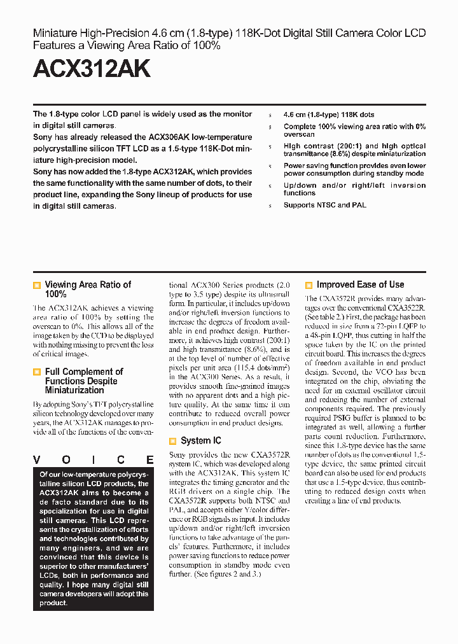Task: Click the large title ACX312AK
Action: pyautogui.click(x=92, y=68)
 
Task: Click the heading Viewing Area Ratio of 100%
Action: pyautogui.click(x=88, y=290)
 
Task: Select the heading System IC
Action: pyautogui.click(x=201, y=440)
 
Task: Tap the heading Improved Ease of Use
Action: pyautogui.click(x=360, y=284)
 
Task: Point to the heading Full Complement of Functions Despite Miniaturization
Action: pyautogui.click(x=83, y=381)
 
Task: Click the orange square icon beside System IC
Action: pyautogui.click(x=172, y=441)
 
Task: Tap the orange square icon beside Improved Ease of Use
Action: pyautogui.click(x=309, y=286)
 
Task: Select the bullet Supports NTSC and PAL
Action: pyautogui.click(x=324, y=205)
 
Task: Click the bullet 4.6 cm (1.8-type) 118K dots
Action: pyautogui.click(x=329, y=115)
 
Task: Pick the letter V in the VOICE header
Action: pyautogui.click(x=37, y=460)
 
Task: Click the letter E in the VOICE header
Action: pyautogui.click(x=149, y=460)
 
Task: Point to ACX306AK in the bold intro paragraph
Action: pyautogui.click(x=169, y=137)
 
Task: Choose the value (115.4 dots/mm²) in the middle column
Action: pyautogui.click(x=261, y=368)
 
